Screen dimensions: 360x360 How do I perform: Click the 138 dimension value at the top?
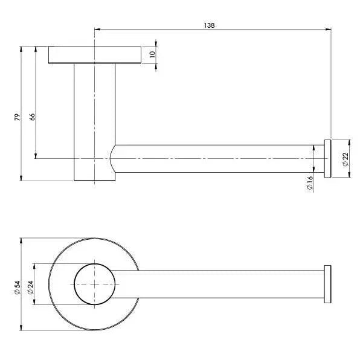210,25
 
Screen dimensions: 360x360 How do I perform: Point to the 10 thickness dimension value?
153,54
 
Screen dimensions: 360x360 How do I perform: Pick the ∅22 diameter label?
345,159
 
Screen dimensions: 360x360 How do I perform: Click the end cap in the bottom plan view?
328,283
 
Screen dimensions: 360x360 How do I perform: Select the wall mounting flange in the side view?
95,54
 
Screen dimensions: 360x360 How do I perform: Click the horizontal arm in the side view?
217,159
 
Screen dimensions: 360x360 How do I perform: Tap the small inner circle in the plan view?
95,283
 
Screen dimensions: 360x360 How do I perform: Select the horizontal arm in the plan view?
230,283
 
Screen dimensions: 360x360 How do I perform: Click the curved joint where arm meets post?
113,158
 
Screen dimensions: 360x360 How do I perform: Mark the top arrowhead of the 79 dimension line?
22,48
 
